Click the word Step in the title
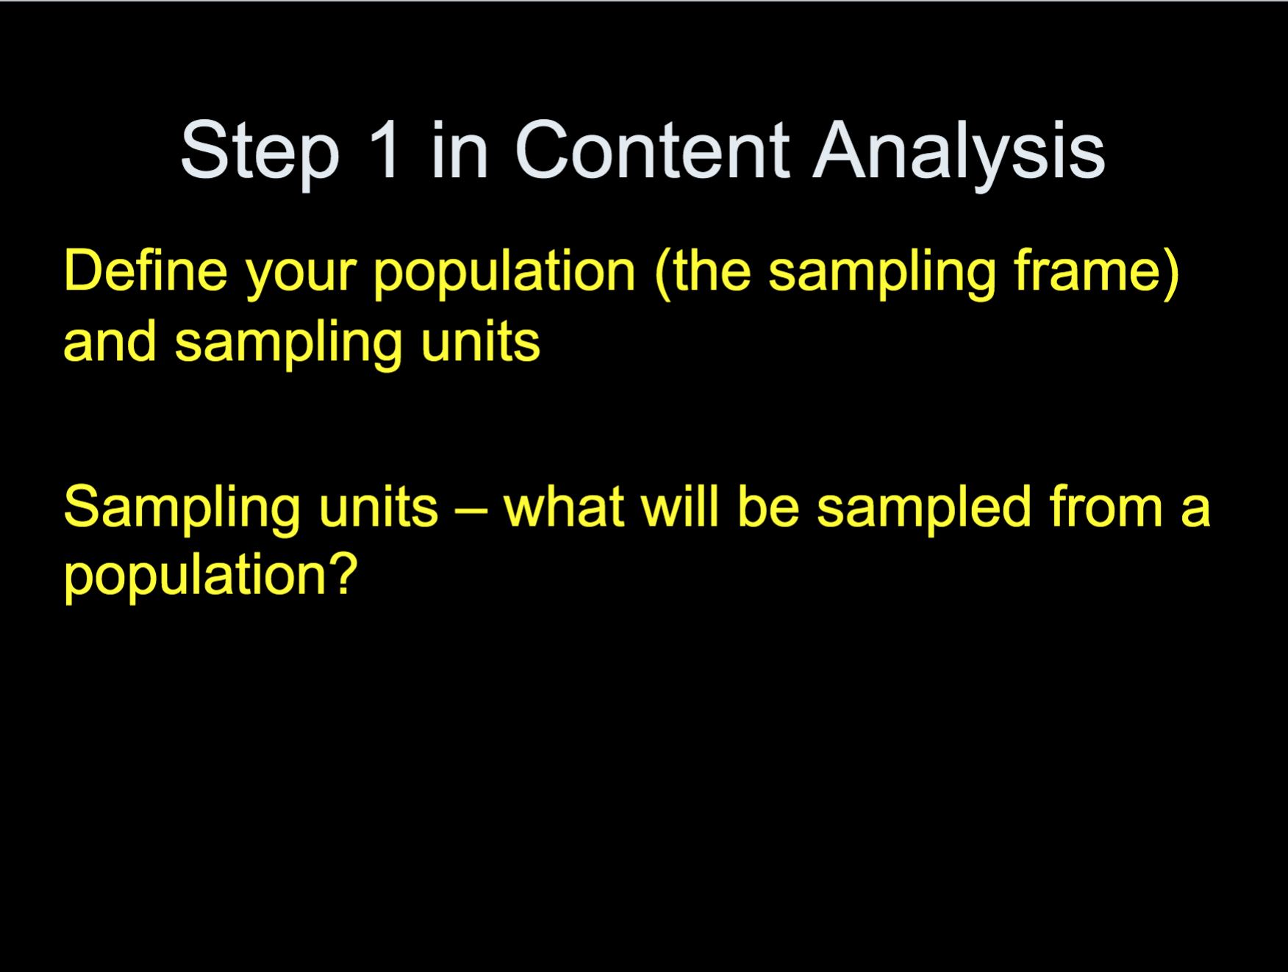[x=260, y=153]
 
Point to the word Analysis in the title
[x=959, y=153]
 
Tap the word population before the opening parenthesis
[x=504, y=274]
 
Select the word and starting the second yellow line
[x=110, y=342]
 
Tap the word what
[x=564, y=507]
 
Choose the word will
[x=679, y=507]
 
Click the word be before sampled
[x=768, y=507]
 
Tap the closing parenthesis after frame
[x=1172, y=274]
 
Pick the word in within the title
[x=459, y=150]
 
